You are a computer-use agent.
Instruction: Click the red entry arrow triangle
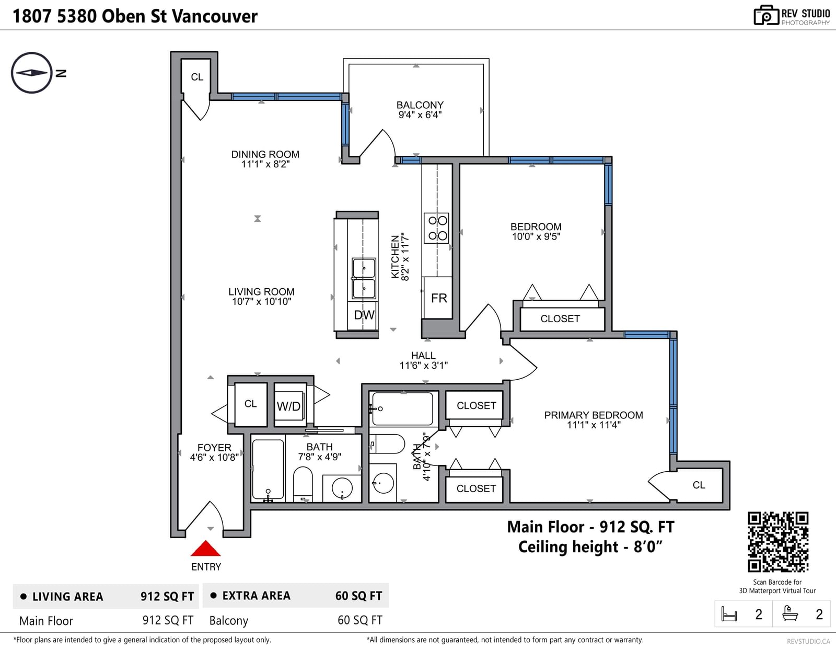(x=205, y=548)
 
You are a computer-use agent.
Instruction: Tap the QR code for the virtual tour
(x=777, y=542)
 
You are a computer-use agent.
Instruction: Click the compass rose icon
(x=31, y=73)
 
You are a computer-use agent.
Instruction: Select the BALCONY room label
(x=420, y=105)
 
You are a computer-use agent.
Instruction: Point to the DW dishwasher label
(x=364, y=315)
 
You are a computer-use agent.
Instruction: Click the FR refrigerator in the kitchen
(x=437, y=298)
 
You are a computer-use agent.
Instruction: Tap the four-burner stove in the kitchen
(x=437, y=228)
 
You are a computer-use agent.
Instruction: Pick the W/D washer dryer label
(x=288, y=406)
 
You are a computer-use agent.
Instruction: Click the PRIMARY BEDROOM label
(x=593, y=415)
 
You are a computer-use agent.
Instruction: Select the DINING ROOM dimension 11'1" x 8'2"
(x=265, y=164)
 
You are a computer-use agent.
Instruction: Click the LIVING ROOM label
(x=261, y=292)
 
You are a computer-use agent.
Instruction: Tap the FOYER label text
(x=214, y=447)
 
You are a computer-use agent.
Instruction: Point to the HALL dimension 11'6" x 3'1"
(x=423, y=366)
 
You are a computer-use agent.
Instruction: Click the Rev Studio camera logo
(x=766, y=15)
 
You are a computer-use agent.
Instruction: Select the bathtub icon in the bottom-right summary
(x=790, y=613)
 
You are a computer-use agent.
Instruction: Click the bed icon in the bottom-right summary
(x=729, y=613)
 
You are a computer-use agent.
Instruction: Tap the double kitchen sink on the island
(x=364, y=278)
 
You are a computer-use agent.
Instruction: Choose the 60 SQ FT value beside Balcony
(x=359, y=620)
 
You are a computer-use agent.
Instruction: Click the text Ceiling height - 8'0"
(x=590, y=547)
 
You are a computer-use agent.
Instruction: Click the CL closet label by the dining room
(x=197, y=77)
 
